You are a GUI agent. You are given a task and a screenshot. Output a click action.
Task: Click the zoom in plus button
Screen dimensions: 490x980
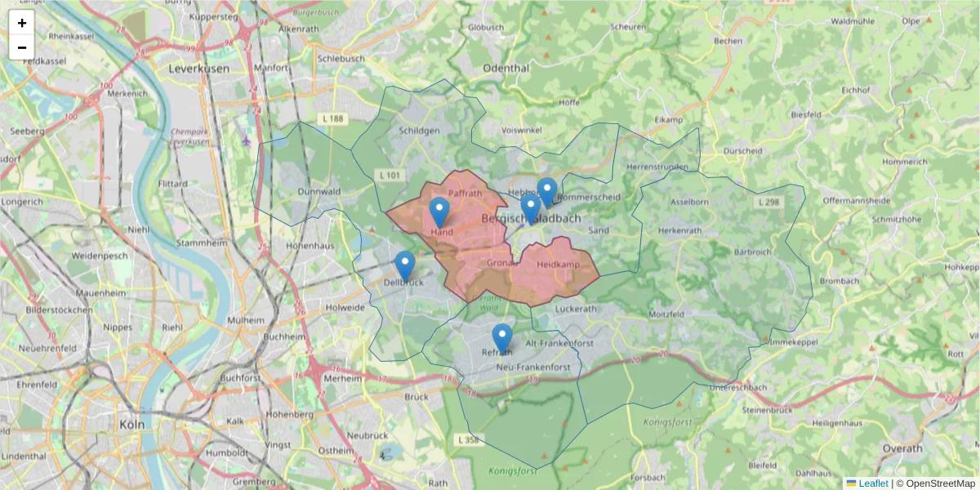22,23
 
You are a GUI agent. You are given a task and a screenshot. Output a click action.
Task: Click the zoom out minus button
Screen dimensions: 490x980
22,47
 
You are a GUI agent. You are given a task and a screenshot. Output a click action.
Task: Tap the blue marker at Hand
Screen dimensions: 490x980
439,212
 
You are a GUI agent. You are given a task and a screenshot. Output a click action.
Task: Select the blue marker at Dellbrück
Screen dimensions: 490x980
404,265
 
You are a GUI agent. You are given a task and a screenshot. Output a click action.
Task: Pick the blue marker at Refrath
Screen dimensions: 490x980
502,338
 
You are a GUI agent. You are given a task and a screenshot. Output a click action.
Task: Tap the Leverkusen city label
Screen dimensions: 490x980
199,69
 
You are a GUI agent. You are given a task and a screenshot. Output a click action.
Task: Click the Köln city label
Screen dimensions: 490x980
131,425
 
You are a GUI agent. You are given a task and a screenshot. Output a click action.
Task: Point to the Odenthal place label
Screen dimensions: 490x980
506,69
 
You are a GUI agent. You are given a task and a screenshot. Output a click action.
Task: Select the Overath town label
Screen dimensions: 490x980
902,448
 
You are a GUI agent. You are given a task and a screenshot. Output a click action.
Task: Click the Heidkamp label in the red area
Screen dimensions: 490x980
558,265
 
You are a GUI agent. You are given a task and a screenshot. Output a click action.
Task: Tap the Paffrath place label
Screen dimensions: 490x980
465,193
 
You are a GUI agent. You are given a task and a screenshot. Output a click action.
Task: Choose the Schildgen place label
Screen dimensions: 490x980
420,131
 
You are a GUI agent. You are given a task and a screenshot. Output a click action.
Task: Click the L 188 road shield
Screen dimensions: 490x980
333,119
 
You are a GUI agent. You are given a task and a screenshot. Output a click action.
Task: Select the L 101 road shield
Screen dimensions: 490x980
389,175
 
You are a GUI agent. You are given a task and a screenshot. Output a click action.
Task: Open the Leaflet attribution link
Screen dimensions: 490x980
872,483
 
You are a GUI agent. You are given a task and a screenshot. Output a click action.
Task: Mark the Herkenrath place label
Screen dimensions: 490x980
679,231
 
